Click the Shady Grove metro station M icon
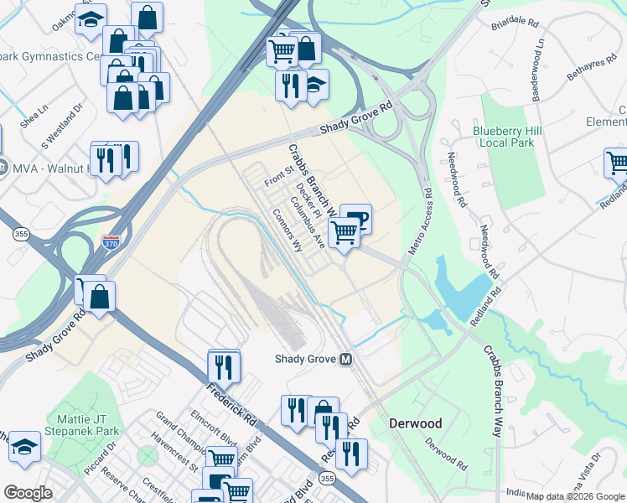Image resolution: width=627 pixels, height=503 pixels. coord(345,359)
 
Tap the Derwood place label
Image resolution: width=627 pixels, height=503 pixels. coord(415,423)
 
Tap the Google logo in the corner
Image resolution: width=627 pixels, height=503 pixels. coord(28,493)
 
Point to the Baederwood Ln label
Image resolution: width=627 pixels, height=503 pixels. coord(538,73)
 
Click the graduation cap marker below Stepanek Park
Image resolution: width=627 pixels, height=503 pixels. coord(24,449)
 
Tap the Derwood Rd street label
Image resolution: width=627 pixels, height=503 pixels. coord(445,454)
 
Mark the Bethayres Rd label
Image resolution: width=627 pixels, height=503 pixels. coord(584,82)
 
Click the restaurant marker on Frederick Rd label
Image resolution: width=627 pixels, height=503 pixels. coord(224,366)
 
